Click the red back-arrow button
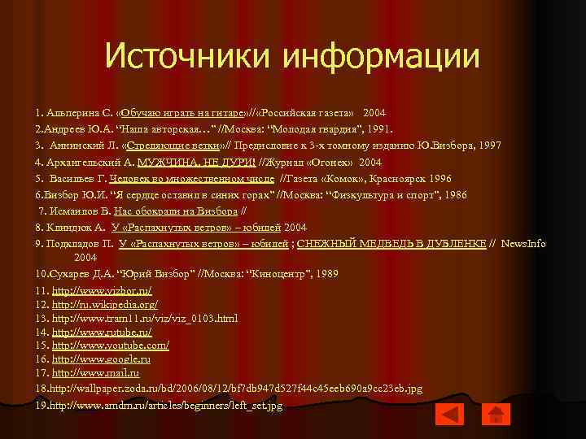pyautogui.click(x=449, y=415)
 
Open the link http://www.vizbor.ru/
pyautogui.click(x=102, y=289)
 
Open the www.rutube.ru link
pyautogui.click(x=102, y=332)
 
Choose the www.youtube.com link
pyautogui.click(x=110, y=346)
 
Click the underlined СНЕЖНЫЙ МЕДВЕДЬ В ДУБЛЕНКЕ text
pyautogui.click(x=391, y=242)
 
